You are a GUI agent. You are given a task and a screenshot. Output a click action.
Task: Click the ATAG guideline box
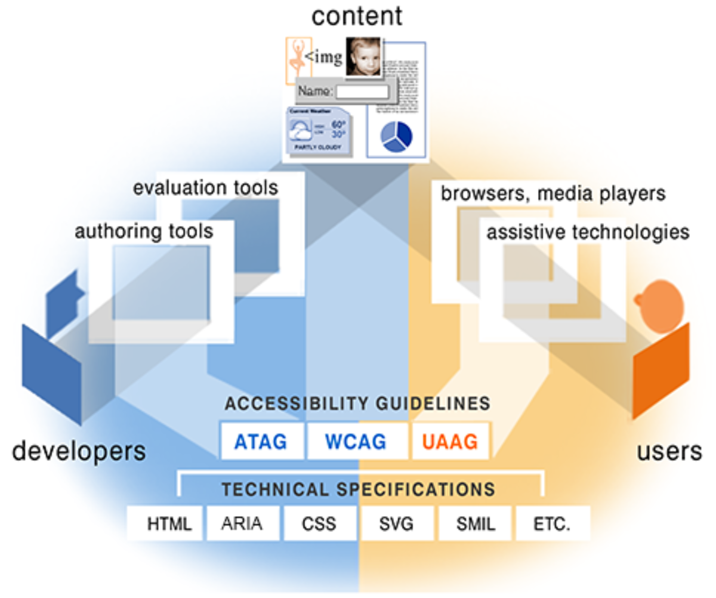coord(261,442)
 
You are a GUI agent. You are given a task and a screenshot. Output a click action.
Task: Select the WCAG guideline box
coord(356,442)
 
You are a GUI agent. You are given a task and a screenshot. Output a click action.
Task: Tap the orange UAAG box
coord(450,442)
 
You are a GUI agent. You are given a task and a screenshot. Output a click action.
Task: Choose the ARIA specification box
coord(242,524)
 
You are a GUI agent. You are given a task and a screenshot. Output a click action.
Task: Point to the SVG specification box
coord(397,524)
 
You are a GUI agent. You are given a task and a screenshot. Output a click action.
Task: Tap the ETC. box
coord(552,524)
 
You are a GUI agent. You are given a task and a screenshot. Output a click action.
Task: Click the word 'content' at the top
coord(357,16)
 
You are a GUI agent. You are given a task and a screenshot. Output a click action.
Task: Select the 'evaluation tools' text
coord(205,188)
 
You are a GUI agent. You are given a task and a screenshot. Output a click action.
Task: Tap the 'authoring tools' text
coord(144,231)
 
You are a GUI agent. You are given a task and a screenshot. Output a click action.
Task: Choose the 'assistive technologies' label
coord(588,232)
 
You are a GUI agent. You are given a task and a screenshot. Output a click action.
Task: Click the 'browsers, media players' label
coord(553,193)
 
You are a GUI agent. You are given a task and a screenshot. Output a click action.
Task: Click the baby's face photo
coord(363,57)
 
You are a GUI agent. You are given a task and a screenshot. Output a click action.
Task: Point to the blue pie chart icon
coord(396,136)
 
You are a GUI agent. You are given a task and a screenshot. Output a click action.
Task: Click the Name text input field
coord(361,92)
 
